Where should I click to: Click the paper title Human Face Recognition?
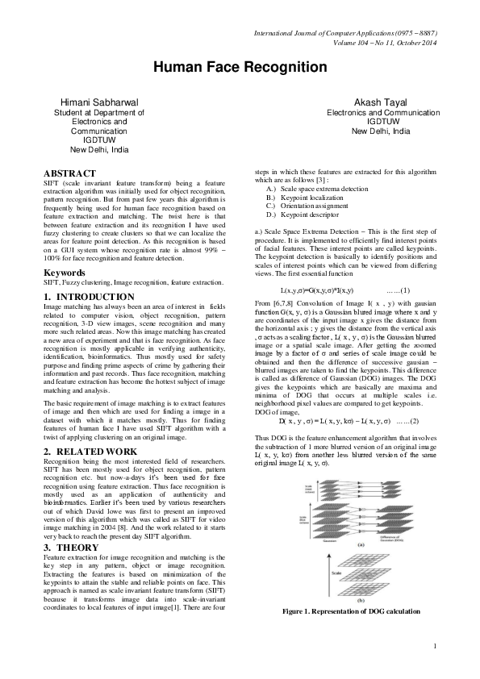point(240,67)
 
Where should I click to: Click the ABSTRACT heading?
point(69,173)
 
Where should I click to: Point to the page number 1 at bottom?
point(435,669)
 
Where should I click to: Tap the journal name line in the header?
point(344,33)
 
